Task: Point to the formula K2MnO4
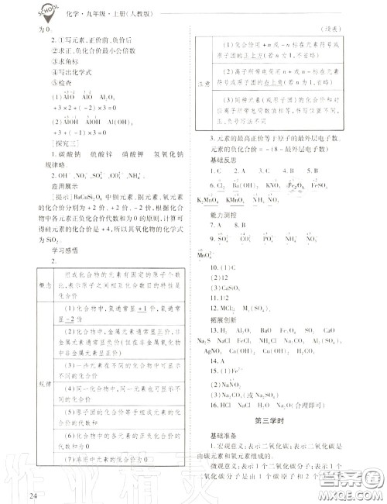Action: pyautogui.click(x=204, y=201)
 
